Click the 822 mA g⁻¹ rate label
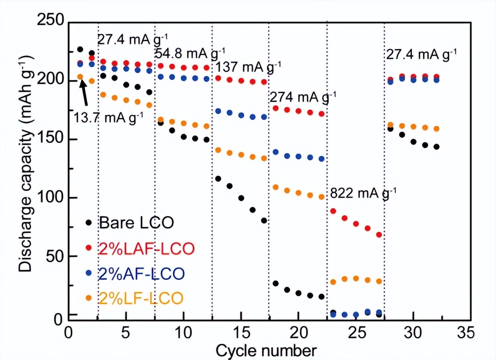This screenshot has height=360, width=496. [x=363, y=193]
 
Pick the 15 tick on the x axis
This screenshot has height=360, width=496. [x=241, y=333]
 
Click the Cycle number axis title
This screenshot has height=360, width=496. [x=266, y=351]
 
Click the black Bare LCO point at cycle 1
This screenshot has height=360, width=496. [x=80, y=50]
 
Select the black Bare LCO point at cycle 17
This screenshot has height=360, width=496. [x=264, y=221]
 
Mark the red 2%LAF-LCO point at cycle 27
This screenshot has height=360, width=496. [x=379, y=235]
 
